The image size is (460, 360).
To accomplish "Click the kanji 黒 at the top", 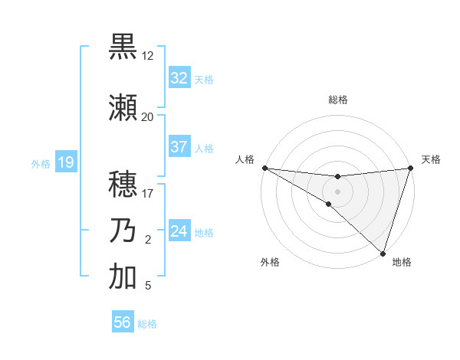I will (x=123, y=47).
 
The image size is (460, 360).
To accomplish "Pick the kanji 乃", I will (x=123, y=231).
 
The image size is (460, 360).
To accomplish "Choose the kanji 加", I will (x=123, y=277).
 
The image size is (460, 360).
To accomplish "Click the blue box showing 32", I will (x=179, y=78).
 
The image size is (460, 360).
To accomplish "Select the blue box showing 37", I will (x=179, y=147).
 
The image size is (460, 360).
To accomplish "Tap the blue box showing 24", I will (x=179, y=231).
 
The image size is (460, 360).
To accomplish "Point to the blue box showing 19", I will (x=65, y=162).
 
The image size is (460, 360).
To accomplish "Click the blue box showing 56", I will (x=123, y=322).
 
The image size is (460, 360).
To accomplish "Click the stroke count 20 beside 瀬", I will (x=147, y=116).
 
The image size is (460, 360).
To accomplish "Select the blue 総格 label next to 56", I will (x=147, y=324).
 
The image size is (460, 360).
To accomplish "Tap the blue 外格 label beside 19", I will (x=40, y=163).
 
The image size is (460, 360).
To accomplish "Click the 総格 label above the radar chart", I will (x=337, y=100).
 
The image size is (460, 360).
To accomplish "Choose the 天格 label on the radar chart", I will (x=431, y=159).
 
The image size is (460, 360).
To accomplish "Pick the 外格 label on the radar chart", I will (x=270, y=263).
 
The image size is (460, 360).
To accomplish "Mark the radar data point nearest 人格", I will (x=264, y=168).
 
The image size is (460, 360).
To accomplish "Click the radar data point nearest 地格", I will (x=383, y=254).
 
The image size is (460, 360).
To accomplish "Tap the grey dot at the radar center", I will (x=337, y=191).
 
